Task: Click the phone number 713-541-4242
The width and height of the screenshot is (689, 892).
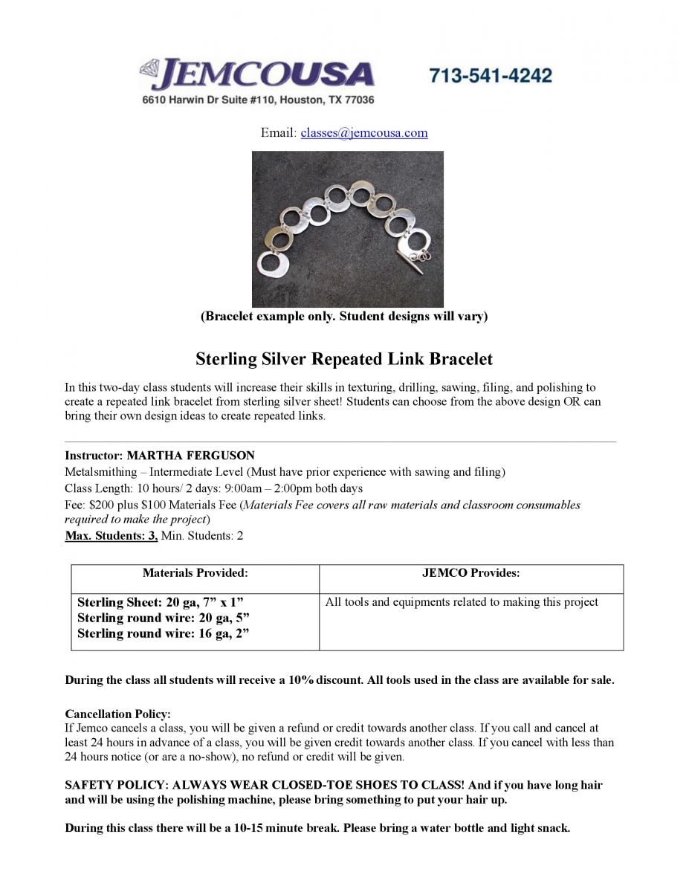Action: [491, 76]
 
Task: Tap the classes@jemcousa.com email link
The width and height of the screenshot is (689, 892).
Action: [363, 133]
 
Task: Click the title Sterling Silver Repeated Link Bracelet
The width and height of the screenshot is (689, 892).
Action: [344, 360]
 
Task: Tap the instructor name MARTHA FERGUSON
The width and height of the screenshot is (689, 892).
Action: [190, 456]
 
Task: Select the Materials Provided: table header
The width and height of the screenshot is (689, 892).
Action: [195, 573]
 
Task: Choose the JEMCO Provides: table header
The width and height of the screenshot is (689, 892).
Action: [470, 573]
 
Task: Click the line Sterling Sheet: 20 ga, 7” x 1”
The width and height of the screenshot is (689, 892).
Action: [161, 602]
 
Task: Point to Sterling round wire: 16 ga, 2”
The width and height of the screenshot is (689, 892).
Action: [163, 633]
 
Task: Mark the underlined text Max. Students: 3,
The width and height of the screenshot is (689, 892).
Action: [111, 536]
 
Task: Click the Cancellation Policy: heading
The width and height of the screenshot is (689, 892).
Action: [117, 714]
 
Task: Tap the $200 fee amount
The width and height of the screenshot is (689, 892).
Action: [102, 505]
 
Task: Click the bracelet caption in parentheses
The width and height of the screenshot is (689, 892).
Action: [344, 317]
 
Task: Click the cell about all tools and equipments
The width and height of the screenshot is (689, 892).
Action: [462, 602]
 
